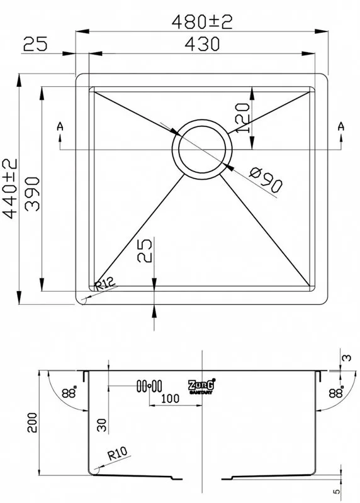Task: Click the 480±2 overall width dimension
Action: (201, 23)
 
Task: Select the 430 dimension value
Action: (202, 44)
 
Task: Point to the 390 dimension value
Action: (32, 194)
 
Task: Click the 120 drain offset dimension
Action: (243, 118)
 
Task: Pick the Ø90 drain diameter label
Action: (266, 180)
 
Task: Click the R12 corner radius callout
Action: (104, 284)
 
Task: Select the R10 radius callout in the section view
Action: (117, 453)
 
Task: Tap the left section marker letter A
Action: (60, 126)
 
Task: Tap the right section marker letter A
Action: (341, 126)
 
